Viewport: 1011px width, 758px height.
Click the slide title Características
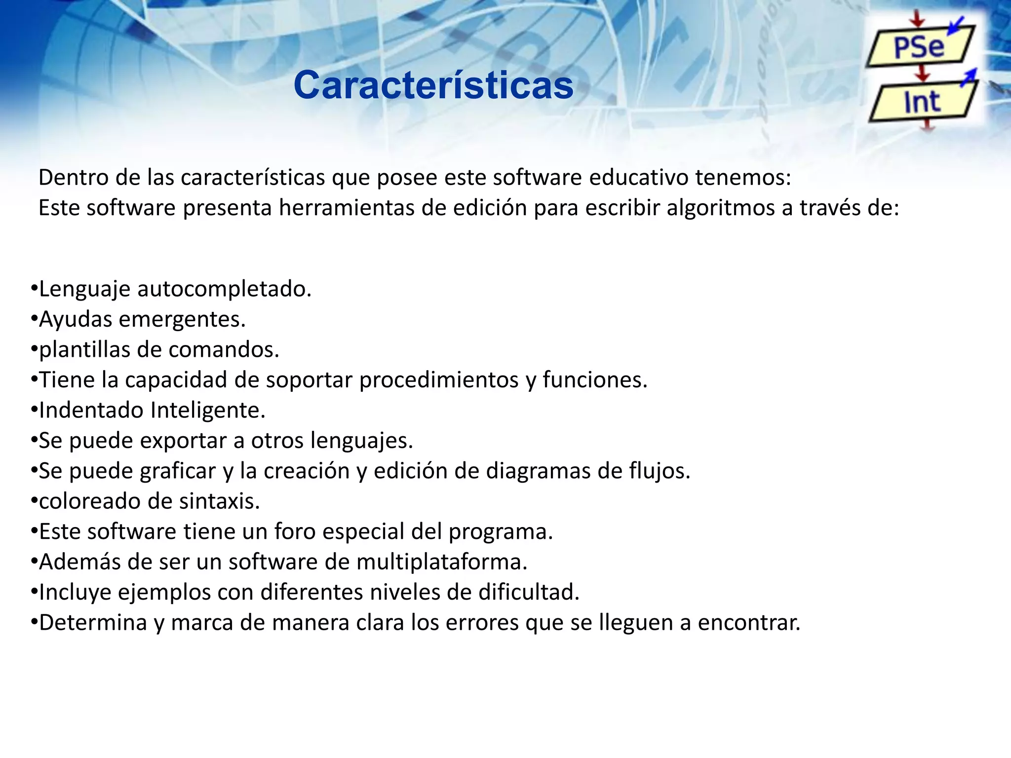click(433, 85)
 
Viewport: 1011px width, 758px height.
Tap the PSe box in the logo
click(919, 47)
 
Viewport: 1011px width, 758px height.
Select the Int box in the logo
click(922, 102)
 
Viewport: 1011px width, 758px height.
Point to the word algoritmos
click(720, 208)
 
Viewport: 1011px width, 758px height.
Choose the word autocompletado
click(224, 289)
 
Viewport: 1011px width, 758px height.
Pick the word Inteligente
click(208, 411)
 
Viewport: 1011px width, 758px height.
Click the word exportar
click(186, 441)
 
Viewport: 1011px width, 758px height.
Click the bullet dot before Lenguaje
click(34, 289)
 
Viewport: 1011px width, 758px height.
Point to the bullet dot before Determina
click(34, 622)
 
